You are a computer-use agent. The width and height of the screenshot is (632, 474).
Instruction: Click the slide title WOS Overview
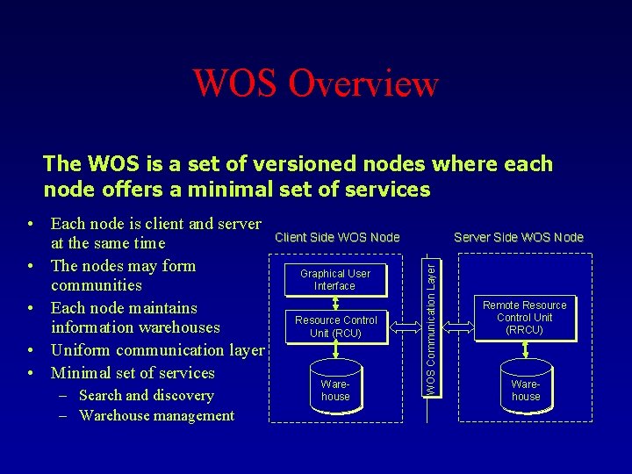pyautogui.click(x=315, y=83)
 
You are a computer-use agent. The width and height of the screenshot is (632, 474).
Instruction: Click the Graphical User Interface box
pyautogui.click(x=335, y=279)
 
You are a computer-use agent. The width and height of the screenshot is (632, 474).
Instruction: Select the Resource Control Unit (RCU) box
pyautogui.click(x=335, y=327)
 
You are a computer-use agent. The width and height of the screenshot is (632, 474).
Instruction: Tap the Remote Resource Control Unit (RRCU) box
pyautogui.click(x=525, y=318)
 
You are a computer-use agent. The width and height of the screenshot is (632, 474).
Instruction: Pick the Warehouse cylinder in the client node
pyautogui.click(x=335, y=389)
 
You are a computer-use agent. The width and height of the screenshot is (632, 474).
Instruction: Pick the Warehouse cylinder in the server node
pyautogui.click(x=526, y=389)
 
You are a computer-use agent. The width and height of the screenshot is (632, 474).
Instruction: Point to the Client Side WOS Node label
pyautogui.click(x=337, y=237)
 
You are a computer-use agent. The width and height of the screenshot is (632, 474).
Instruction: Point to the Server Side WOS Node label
pyautogui.click(x=518, y=237)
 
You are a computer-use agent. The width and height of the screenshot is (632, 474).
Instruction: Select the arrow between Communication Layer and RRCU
pyautogui.click(x=458, y=327)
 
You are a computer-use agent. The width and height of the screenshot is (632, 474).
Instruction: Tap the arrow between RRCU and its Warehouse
pyautogui.click(x=525, y=350)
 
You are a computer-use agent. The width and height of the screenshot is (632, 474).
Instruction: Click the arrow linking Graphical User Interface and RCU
pyautogui.click(x=335, y=302)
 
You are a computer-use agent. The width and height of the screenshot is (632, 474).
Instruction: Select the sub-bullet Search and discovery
pyautogui.click(x=146, y=395)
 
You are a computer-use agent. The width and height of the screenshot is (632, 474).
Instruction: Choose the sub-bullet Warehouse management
pyautogui.click(x=156, y=415)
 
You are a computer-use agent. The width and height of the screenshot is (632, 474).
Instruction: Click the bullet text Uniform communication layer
pyautogui.click(x=157, y=349)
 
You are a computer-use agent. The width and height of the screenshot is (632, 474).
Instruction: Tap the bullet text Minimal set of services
pyautogui.click(x=133, y=372)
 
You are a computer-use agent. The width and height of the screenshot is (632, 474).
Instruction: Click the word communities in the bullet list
pyautogui.click(x=97, y=284)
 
